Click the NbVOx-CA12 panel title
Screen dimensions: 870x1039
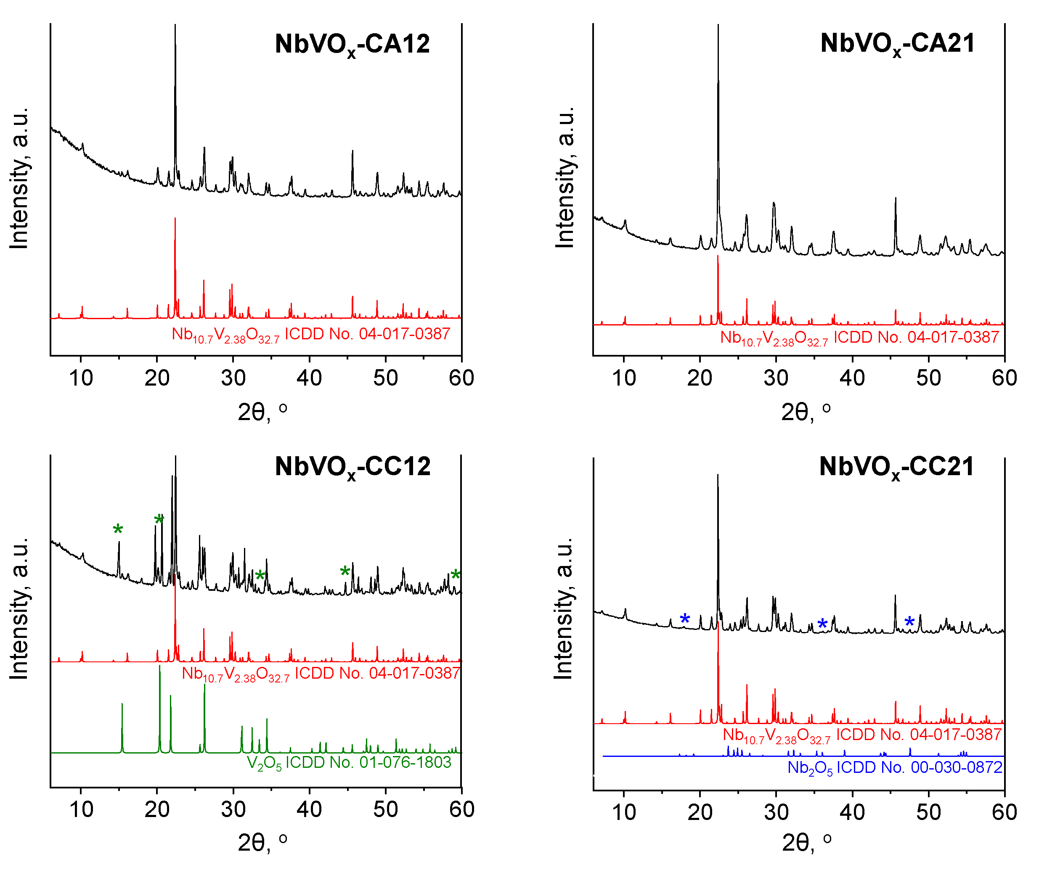[352, 45]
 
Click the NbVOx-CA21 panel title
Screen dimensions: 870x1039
[897, 44]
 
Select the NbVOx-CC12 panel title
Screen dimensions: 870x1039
[352, 467]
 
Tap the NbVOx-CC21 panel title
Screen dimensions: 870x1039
[896, 467]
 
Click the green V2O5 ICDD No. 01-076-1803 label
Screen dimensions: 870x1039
[349, 763]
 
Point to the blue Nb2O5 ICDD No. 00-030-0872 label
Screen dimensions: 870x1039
[895, 768]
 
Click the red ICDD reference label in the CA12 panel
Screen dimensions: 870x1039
[311, 334]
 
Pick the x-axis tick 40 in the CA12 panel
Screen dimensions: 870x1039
[309, 378]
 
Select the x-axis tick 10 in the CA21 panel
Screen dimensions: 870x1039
[624, 378]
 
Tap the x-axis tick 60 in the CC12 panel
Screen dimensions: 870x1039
[461, 809]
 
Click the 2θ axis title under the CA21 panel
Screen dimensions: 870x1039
[805, 412]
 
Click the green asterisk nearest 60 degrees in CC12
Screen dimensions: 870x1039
[455, 575]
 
